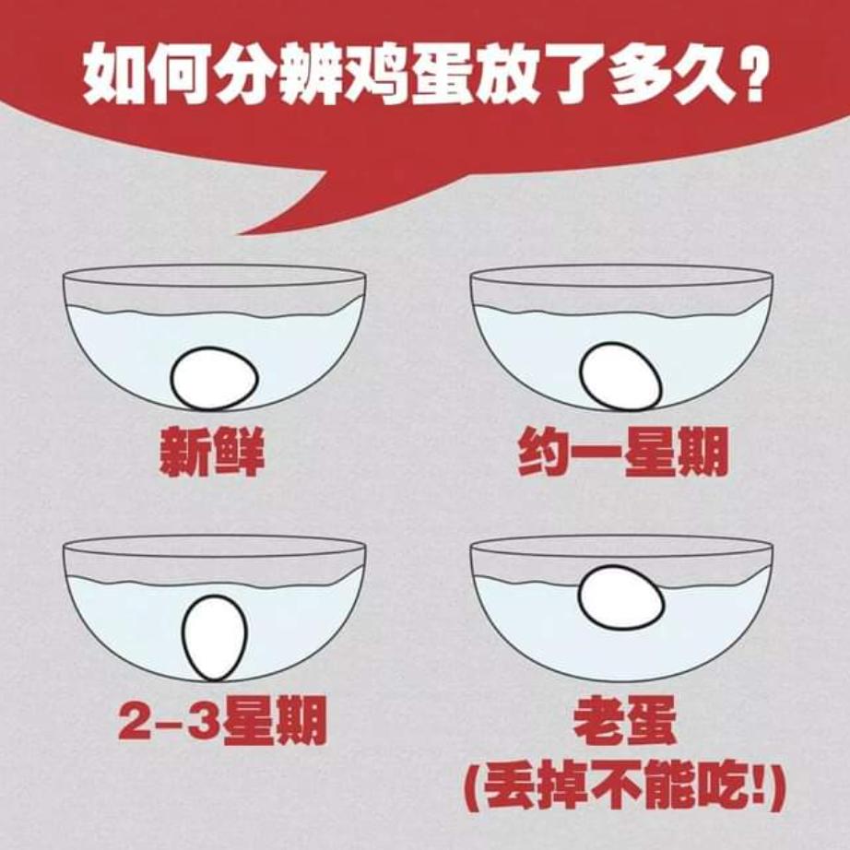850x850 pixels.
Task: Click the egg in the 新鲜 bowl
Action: pyautogui.click(x=214, y=378)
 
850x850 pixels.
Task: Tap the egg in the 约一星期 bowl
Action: pyautogui.click(x=620, y=375)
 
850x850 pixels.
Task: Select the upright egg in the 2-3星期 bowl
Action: pyautogui.click(x=215, y=638)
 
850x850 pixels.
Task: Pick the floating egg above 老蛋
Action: pyautogui.click(x=620, y=598)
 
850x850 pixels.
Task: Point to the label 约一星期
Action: pyautogui.click(x=622, y=453)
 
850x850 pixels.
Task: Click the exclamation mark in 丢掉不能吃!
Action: pyautogui.click(x=768, y=789)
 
